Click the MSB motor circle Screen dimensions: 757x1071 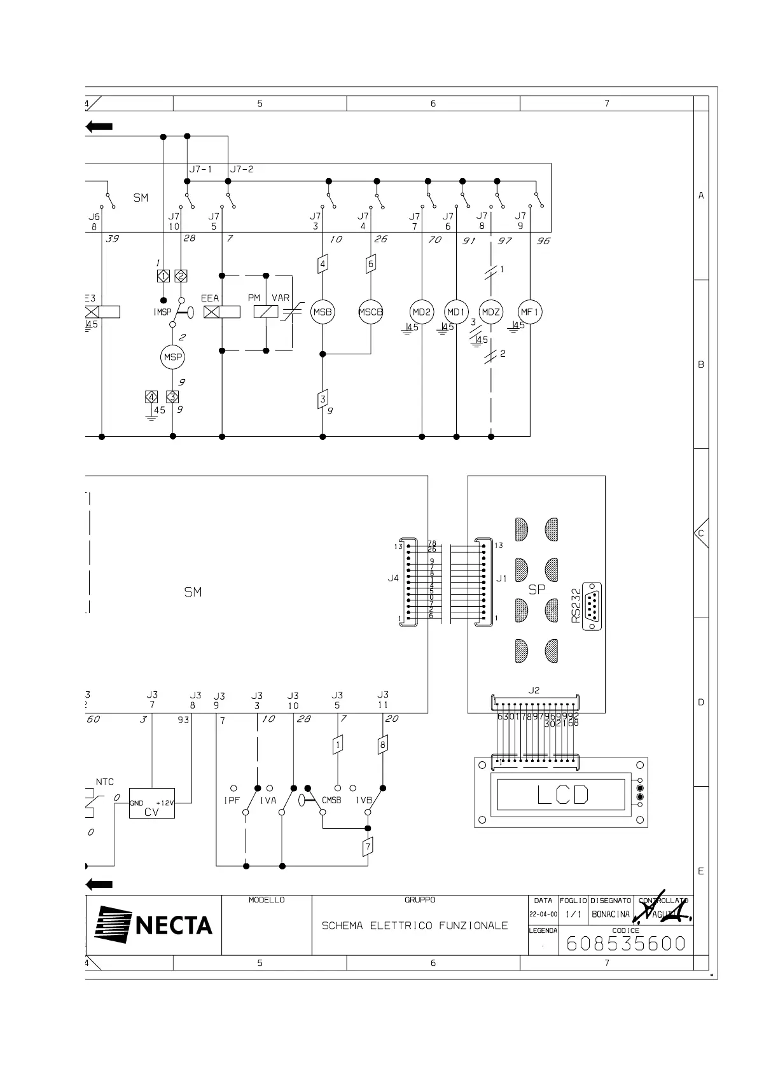click(x=323, y=312)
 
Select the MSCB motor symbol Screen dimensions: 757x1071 click(x=371, y=312)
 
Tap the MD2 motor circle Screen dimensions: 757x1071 click(x=422, y=312)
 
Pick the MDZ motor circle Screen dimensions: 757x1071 click(x=490, y=312)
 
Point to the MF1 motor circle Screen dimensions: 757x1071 click(x=530, y=312)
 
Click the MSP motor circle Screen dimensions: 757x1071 click(x=173, y=357)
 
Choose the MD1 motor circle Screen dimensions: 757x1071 click(x=457, y=312)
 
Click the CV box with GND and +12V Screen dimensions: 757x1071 click(x=152, y=803)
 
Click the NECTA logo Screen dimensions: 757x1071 click(x=154, y=924)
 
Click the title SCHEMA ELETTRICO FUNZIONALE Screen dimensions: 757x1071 click(x=415, y=925)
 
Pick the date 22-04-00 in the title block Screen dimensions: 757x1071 click(x=543, y=914)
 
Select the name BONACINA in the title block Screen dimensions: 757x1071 click(x=611, y=914)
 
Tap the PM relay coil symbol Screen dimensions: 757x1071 click(x=265, y=312)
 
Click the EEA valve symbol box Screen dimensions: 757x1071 click(x=222, y=312)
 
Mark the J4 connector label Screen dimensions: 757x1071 click(x=393, y=579)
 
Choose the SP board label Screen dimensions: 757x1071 click(x=537, y=589)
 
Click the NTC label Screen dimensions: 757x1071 click(x=105, y=782)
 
